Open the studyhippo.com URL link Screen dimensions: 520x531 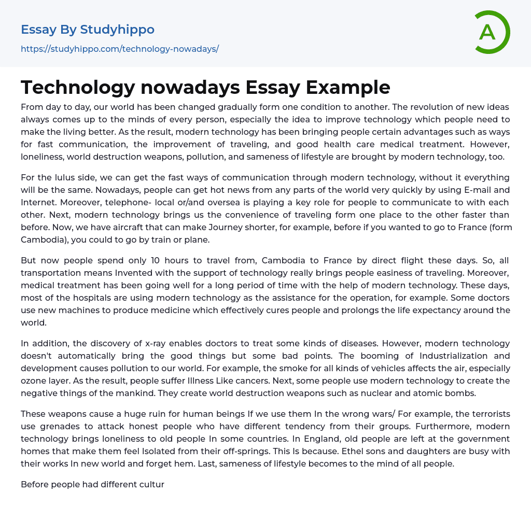pyautogui.click(x=120, y=49)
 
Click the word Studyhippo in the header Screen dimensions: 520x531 pyautogui.click(x=117, y=30)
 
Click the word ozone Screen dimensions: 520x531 pyautogui.click(x=35, y=381)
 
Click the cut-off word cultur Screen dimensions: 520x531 pyautogui.click(x=147, y=485)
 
